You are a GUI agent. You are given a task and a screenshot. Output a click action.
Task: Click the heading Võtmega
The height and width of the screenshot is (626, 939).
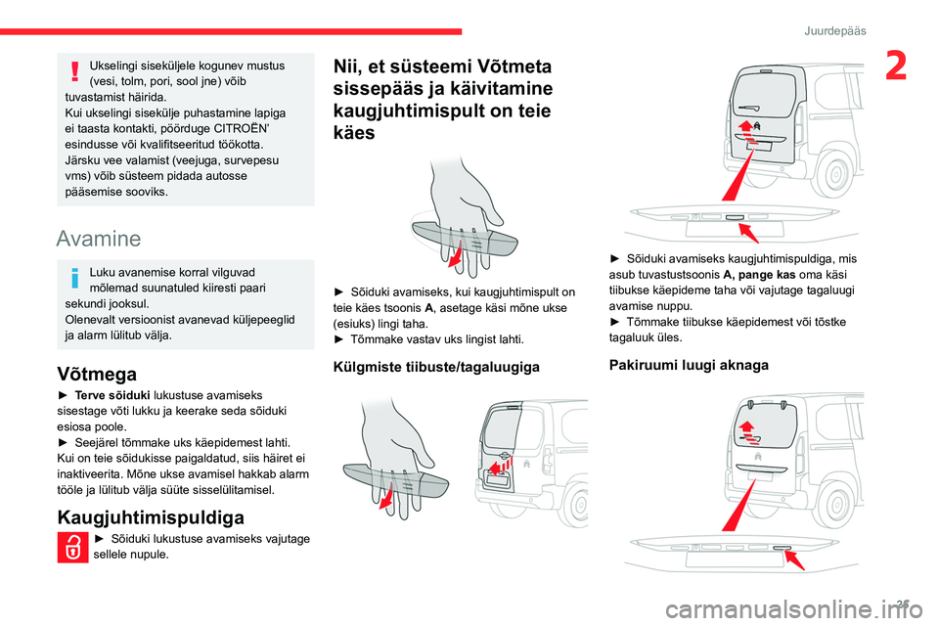98,373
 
